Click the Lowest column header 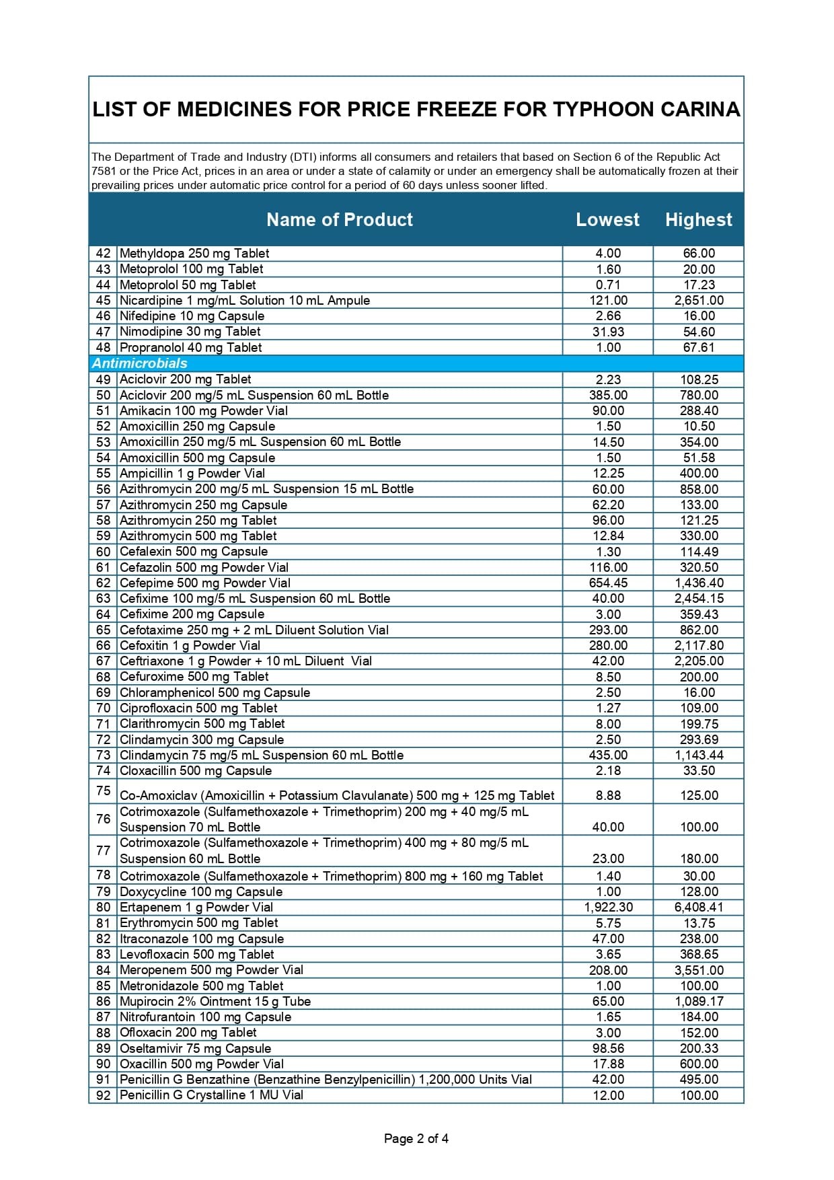607,219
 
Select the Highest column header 698,219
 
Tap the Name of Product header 339,219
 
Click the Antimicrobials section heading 140,363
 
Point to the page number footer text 416,1138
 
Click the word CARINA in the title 699,110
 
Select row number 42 103,254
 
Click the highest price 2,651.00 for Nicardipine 699,301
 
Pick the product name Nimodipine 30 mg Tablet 190,332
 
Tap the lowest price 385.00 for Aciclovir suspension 608,395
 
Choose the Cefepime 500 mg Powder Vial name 204,583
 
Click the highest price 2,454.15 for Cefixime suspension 699,599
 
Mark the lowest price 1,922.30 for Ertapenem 608,908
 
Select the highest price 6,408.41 699,908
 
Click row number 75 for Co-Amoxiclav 103,790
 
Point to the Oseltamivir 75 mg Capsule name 195,1048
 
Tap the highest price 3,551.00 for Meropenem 699,970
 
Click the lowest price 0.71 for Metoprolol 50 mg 608,285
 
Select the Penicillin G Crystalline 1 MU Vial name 211,1095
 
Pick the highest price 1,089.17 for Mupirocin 699,1002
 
